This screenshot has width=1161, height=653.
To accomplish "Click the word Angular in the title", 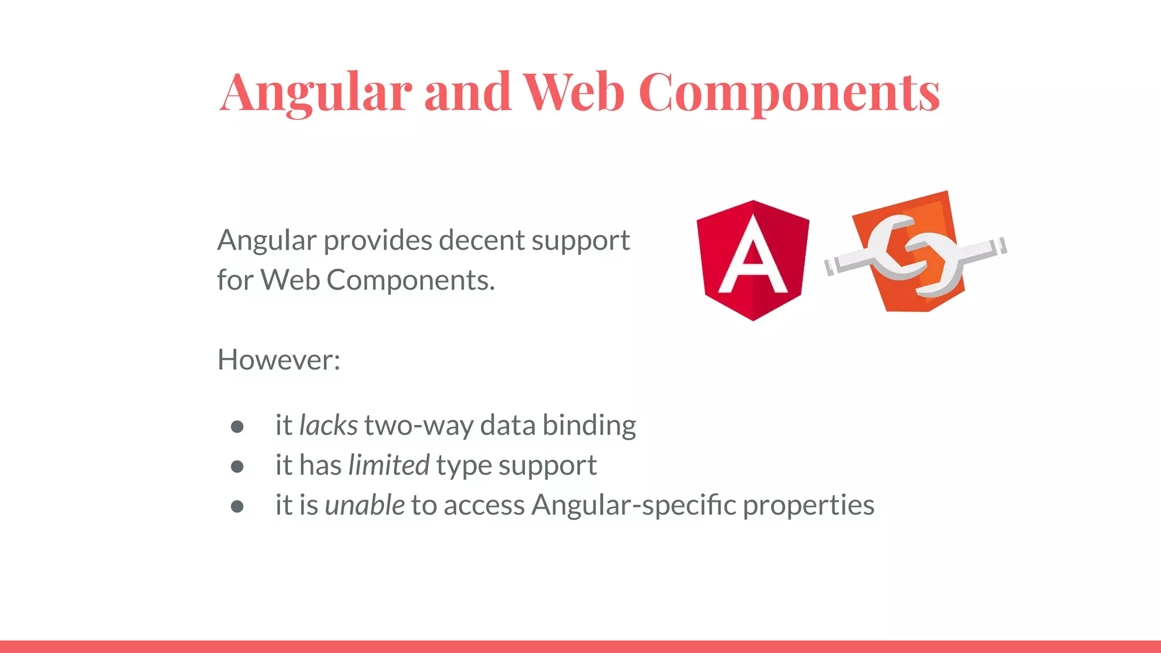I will tap(316, 92).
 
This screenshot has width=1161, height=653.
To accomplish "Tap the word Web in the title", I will tap(574, 92).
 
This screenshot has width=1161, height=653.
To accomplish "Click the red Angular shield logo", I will tap(752, 260).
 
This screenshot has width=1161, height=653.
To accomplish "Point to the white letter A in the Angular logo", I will tap(752, 255).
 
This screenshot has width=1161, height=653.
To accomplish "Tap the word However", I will tap(278, 360).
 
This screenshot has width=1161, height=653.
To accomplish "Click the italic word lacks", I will tap(328, 425).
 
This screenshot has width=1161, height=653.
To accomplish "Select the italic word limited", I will tap(389, 465).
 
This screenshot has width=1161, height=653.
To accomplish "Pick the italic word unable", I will tap(365, 505).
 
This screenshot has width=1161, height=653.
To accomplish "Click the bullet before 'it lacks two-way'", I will tap(237, 427).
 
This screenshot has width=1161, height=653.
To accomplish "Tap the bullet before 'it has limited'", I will tap(237, 467).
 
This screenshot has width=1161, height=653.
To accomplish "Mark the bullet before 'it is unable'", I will tap(237, 506).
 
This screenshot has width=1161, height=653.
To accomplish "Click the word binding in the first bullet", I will tap(589, 425).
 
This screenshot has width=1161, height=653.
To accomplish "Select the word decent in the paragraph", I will tap(481, 240).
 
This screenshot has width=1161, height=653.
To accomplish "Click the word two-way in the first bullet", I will tap(419, 426).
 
